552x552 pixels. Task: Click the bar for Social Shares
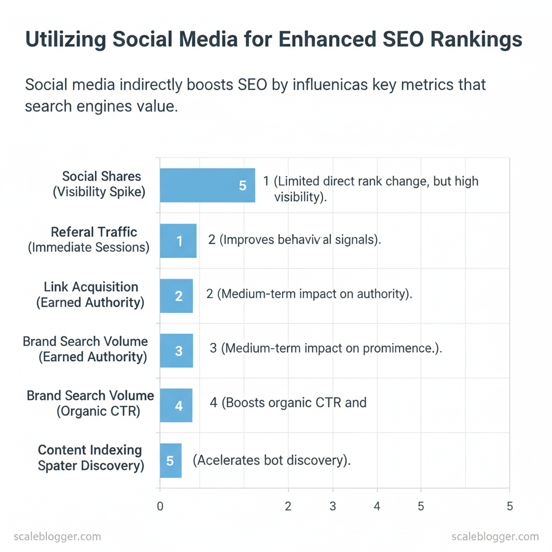click(207, 185)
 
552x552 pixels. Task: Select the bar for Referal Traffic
click(178, 241)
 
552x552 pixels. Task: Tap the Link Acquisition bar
click(176, 296)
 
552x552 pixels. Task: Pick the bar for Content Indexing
click(170, 460)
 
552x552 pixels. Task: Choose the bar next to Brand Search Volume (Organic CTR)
click(176, 405)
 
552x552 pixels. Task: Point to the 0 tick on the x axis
click(160, 506)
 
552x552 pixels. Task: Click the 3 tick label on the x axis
click(333, 506)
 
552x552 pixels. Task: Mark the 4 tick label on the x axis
click(377, 506)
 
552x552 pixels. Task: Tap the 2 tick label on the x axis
click(288, 506)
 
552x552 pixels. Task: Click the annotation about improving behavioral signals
click(294, 240)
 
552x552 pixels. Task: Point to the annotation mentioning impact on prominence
click(326, 348)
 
